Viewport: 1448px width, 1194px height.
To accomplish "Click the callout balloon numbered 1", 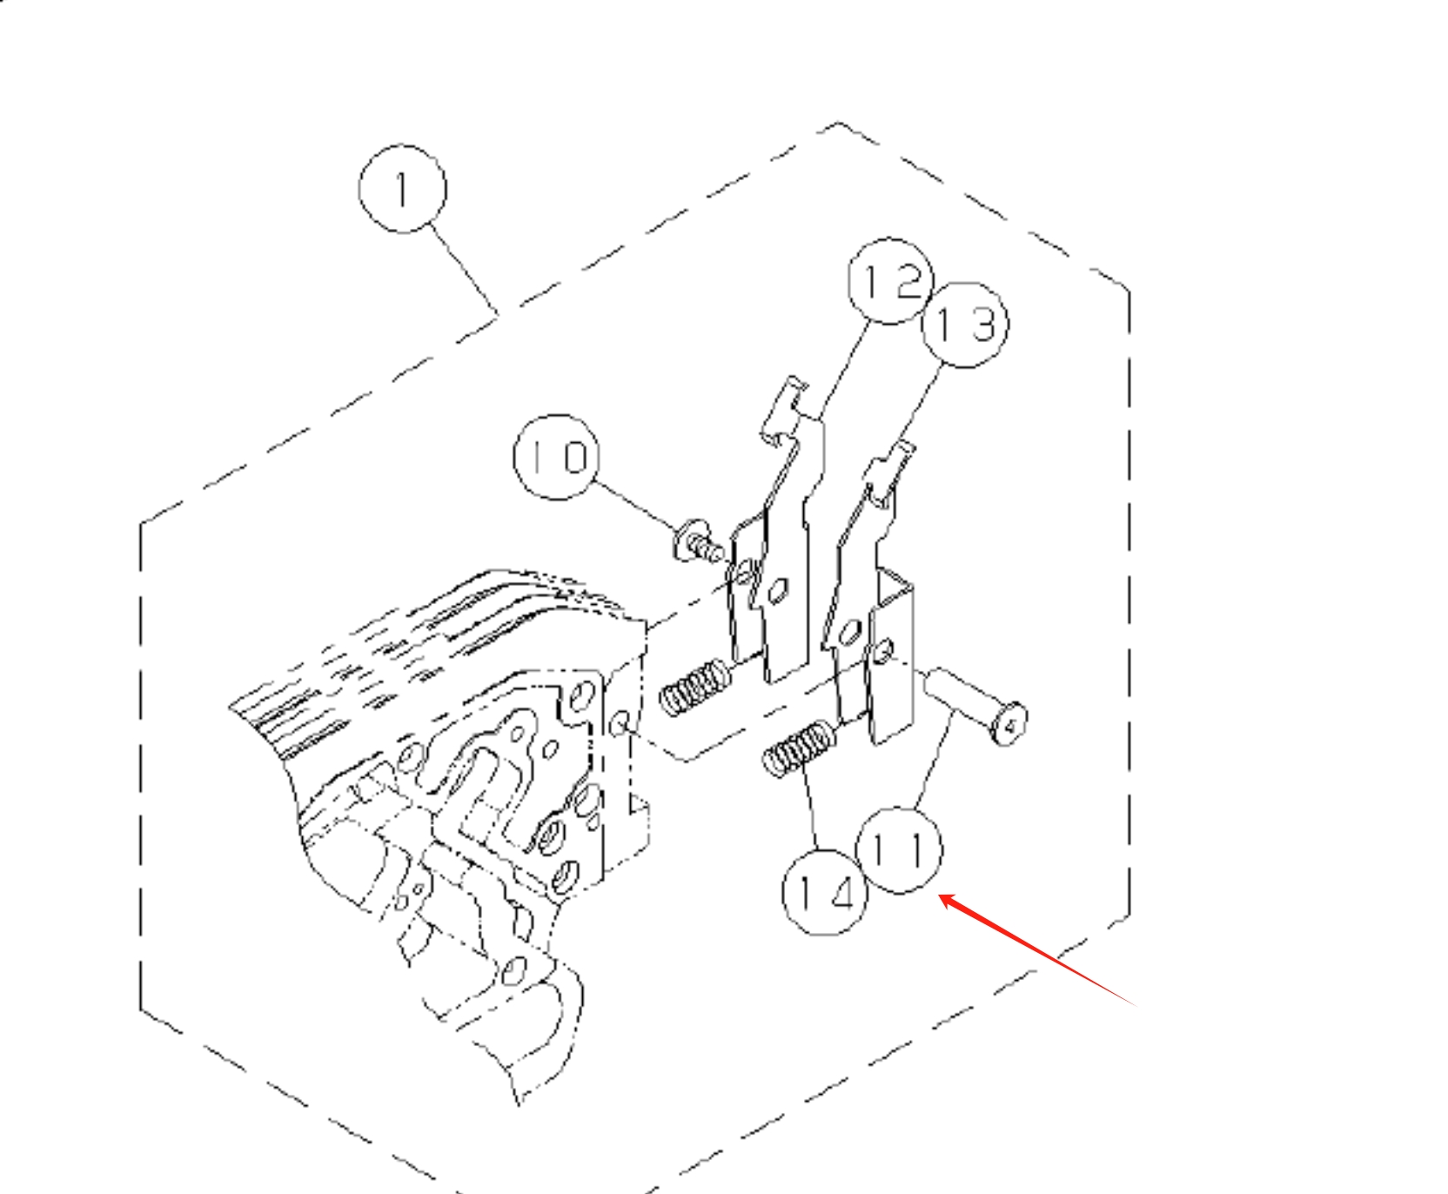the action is (x=402, y=189).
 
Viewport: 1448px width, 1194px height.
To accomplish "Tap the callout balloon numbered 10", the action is (x=557, y=456).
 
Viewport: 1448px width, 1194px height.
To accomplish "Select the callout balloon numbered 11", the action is (x=899, y=849).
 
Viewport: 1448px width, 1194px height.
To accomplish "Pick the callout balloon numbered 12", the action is (x=890, y=280).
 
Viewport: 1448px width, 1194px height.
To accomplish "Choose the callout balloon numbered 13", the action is (x=965, y=325).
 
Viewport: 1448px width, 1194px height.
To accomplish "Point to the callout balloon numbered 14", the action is (x=825, y=892).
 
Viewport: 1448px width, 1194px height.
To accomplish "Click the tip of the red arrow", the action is (x=940, y=895).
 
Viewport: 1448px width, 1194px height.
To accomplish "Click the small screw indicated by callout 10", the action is (x=697, y=541).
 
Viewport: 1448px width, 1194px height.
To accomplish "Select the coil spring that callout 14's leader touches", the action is (x=798, y=749).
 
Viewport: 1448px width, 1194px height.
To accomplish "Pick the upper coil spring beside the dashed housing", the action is (x=694, y=686).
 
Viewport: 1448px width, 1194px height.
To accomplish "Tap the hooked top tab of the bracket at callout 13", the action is (x=889, y=473).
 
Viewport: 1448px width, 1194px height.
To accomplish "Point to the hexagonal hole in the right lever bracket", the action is (x=851, y=630).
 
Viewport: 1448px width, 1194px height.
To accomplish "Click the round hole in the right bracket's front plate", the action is (x=884, y=649).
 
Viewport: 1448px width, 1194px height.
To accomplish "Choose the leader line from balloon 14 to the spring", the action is (x=812, y=805).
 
